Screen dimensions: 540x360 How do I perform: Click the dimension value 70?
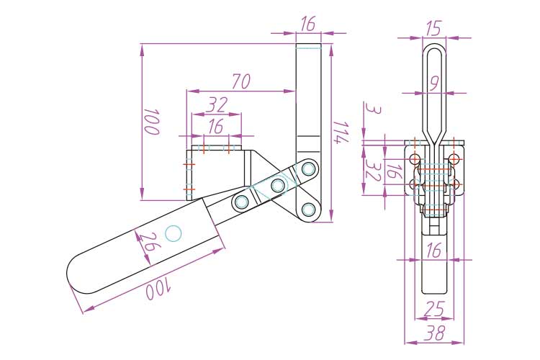pos(241,81)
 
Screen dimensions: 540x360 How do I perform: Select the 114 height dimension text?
pos(341,131)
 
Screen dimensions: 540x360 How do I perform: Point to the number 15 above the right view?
pos(433,28)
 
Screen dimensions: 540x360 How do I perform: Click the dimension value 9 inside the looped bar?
pos(435,84)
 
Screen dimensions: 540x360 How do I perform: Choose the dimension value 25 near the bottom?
pos(435,308)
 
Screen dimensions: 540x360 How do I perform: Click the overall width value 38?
pos(435,333)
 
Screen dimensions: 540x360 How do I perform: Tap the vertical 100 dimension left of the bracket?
pos(151,122)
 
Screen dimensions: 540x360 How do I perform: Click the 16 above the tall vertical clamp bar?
pos(308,24)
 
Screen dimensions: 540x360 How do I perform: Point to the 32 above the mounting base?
pos(217,105)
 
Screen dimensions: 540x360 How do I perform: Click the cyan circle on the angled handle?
pos(174,233)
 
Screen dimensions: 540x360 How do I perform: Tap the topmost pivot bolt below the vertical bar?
pos(308,169)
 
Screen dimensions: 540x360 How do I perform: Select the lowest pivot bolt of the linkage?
pos(308,210)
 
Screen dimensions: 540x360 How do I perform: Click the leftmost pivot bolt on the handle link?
pos(241,201)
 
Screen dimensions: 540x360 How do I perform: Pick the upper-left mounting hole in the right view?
pos(415,159)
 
